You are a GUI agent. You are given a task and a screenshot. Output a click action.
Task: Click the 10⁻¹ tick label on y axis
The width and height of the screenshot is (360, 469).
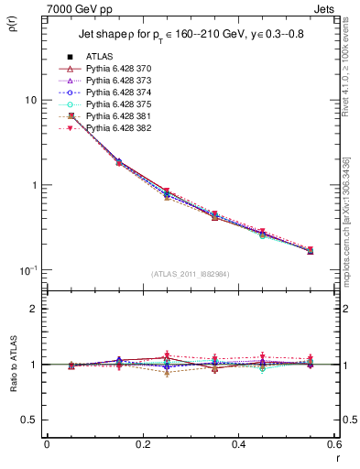(28, 270)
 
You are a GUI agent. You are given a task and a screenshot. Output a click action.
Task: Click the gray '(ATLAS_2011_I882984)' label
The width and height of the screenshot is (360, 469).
(191, 273)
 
